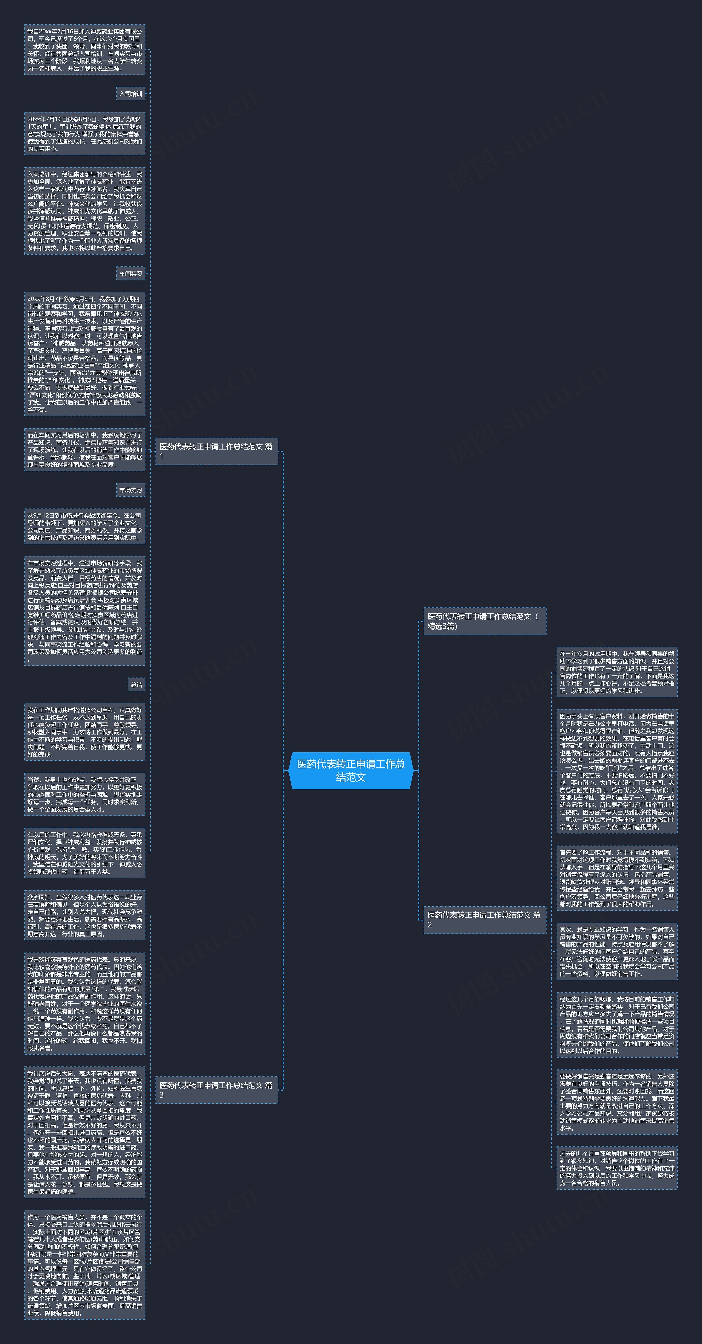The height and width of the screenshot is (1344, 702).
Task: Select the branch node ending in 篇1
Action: (216, 451)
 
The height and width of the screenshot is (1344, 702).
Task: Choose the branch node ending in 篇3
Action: (216, 1090)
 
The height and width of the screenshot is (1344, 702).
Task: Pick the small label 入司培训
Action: (131, 94)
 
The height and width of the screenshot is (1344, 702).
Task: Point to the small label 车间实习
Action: (131, 274)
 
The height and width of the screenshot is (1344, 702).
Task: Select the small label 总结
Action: (137, 684)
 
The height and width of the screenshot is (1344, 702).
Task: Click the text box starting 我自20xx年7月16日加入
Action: (84, 50)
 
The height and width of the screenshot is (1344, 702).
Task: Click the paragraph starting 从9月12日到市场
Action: (84, 526)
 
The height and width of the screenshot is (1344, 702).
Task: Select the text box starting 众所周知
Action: (84, 915)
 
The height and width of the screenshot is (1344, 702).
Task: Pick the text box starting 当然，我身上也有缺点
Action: (84, 794)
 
